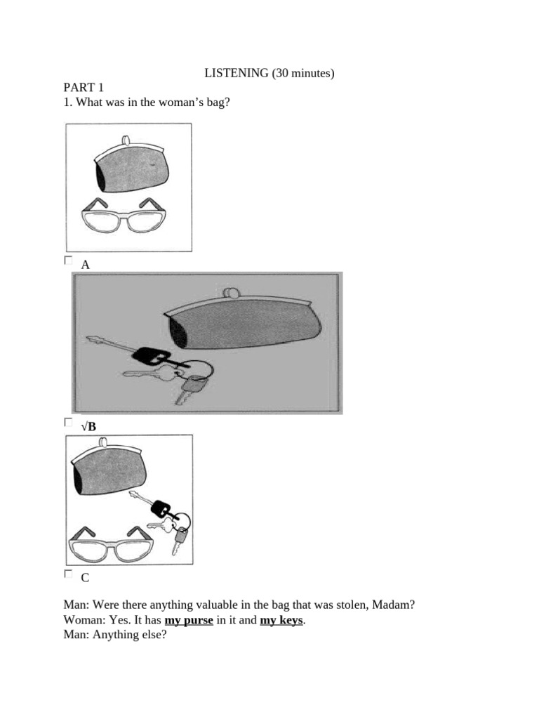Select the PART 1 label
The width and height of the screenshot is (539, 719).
[83, 88]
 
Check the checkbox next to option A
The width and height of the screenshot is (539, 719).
[68, 260]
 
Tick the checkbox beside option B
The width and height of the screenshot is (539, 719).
[68, 422]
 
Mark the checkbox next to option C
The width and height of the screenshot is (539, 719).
[68, 574]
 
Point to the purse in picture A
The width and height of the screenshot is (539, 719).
[131, 169]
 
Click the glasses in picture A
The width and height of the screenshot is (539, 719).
[124, 216]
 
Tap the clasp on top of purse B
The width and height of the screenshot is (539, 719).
[229, 292]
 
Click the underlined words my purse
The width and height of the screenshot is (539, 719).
[189, 621]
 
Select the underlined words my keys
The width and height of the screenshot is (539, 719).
[282, 621]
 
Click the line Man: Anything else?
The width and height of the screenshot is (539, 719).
[114, 638]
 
